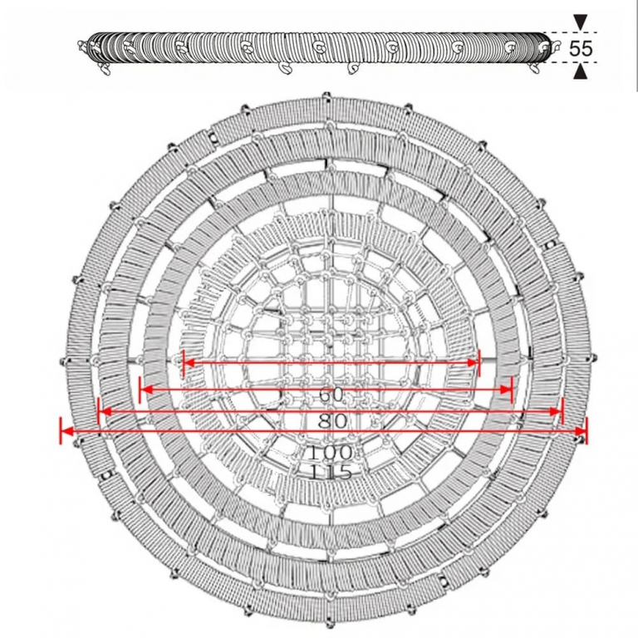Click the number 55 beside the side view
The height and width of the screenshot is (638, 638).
click(581, 48)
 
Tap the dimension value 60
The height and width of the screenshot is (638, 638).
click(331, 395)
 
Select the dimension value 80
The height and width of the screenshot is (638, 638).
click(332, 421)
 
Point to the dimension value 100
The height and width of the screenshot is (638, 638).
click(329, 453)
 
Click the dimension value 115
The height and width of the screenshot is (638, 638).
click(330, 473)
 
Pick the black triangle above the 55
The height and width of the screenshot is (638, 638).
click(580, 22)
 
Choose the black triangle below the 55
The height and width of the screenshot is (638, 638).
click(580, 72)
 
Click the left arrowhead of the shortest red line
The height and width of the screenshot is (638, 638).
click(189, 362)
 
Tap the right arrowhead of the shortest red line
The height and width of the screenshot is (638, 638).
click(474, 362)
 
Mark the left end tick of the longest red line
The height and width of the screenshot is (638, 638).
click(61, 430)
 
